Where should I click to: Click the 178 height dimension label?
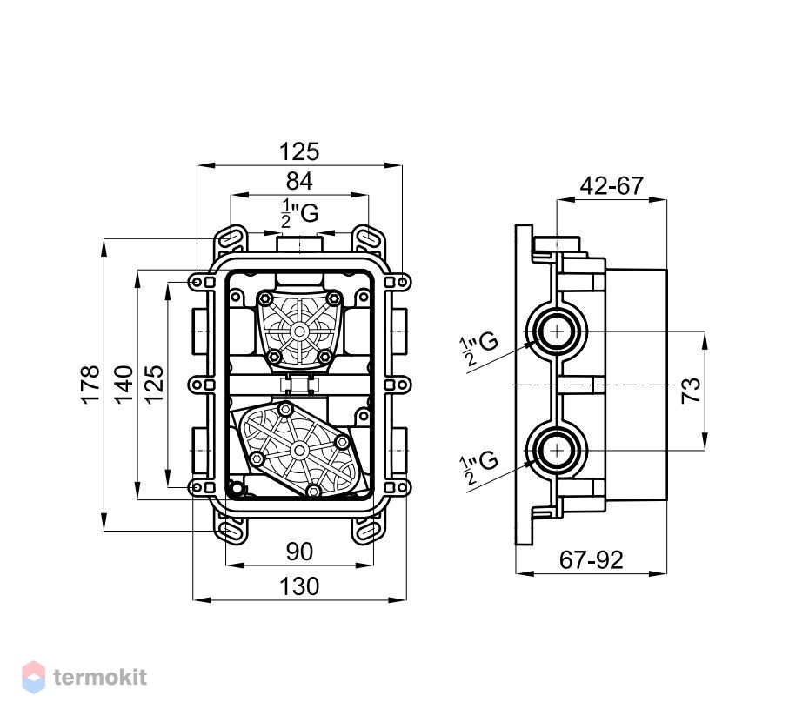[90, 385]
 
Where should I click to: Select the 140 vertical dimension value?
[124, 385]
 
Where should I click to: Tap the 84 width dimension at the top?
[299, 181]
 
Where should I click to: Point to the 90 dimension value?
[299, 552]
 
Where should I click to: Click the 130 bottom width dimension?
[299, 586]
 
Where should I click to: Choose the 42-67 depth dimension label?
[612, 185]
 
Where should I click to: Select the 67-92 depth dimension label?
[592, 559]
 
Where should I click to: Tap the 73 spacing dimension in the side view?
[691, 390]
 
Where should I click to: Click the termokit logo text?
[100, 677]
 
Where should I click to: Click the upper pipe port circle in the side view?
[557, 331]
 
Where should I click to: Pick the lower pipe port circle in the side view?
[557, 451]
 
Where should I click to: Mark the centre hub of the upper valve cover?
[300, 331]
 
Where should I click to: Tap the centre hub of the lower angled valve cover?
[299, 451]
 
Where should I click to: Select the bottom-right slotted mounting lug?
[367, 532]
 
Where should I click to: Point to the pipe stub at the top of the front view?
[299, 244]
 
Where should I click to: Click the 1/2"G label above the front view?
[299, 213]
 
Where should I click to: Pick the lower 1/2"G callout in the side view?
[478, 467]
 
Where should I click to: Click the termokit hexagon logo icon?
[34, 677]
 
